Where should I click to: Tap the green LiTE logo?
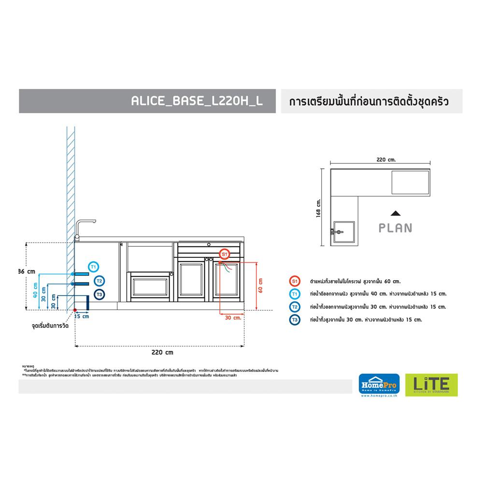[427, 385]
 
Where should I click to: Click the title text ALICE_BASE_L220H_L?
[197, 101]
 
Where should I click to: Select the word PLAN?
[395, 228]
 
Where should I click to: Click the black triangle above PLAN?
[395, 213]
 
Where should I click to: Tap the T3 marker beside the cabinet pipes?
[99, 294]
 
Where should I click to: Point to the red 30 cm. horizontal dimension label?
[233, 317]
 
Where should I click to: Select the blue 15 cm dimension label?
[82, 317]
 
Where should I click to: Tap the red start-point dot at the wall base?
[75, 311]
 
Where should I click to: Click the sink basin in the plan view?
[343, 231]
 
